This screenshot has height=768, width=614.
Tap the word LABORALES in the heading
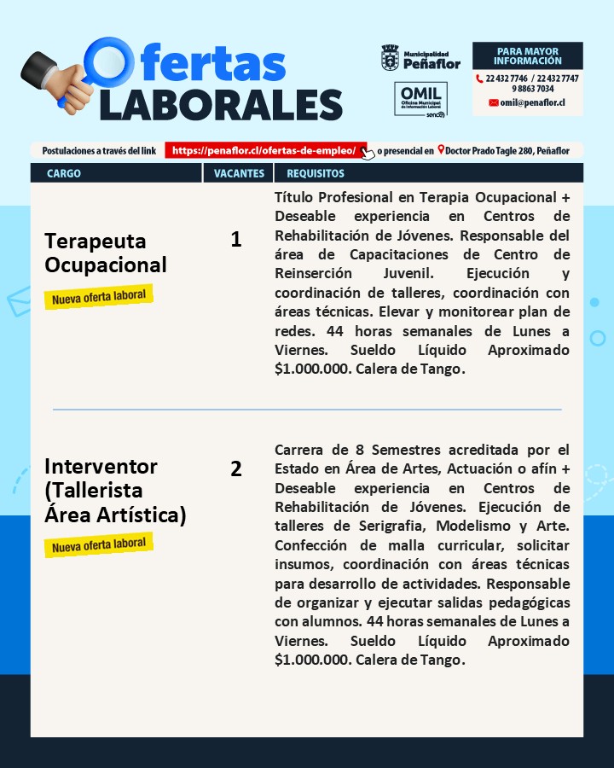pos(221,102)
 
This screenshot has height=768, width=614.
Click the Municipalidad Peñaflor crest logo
pos(390,58)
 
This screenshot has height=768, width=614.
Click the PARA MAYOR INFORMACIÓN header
pos(528,56)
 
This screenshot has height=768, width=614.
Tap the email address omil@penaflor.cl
pos(533,102)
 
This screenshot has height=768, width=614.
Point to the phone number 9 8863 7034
pos(533,89)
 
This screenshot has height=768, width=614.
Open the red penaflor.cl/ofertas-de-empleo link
pos(264,151)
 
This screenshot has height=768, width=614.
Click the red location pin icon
pos(441,151)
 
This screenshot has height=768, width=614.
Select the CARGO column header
pos(64,173)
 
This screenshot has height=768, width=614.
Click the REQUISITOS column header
pos(316,173)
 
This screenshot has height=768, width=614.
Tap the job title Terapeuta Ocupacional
pos(106,253)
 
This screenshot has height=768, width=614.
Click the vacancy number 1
pos(236,240)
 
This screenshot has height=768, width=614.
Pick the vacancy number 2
pos(236,468)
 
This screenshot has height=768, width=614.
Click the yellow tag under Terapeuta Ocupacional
pos(99,297)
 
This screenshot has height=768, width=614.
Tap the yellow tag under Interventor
pos(99,544)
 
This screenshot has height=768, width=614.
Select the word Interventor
pos(101,467)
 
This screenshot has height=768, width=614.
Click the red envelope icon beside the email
pos(493,102)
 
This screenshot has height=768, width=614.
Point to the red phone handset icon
pos(479,79)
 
